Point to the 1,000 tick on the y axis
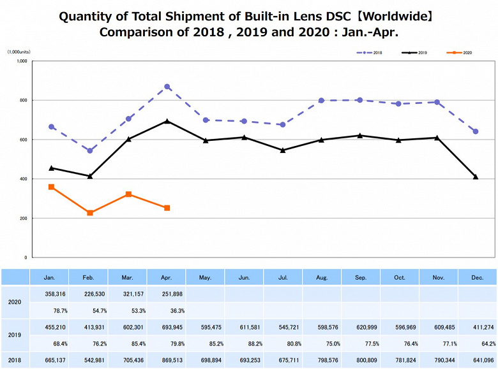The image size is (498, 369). tap(22, 61)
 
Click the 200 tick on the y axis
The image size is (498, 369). tap(23, 218)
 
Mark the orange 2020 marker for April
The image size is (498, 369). tap(167, 208)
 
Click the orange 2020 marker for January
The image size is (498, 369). tap(51, 187)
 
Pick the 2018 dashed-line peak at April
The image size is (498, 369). tap(167, 87)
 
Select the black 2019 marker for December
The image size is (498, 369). tap(476, 177)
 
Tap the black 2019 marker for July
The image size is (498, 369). tap(283, 150)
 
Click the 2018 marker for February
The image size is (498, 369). tap(90, 151)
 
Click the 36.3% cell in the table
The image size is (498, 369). tap(167, 311)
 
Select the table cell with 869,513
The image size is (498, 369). tap(167, 361)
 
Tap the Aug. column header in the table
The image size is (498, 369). tap(322, 277)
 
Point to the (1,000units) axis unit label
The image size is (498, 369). tap(19, 51)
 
